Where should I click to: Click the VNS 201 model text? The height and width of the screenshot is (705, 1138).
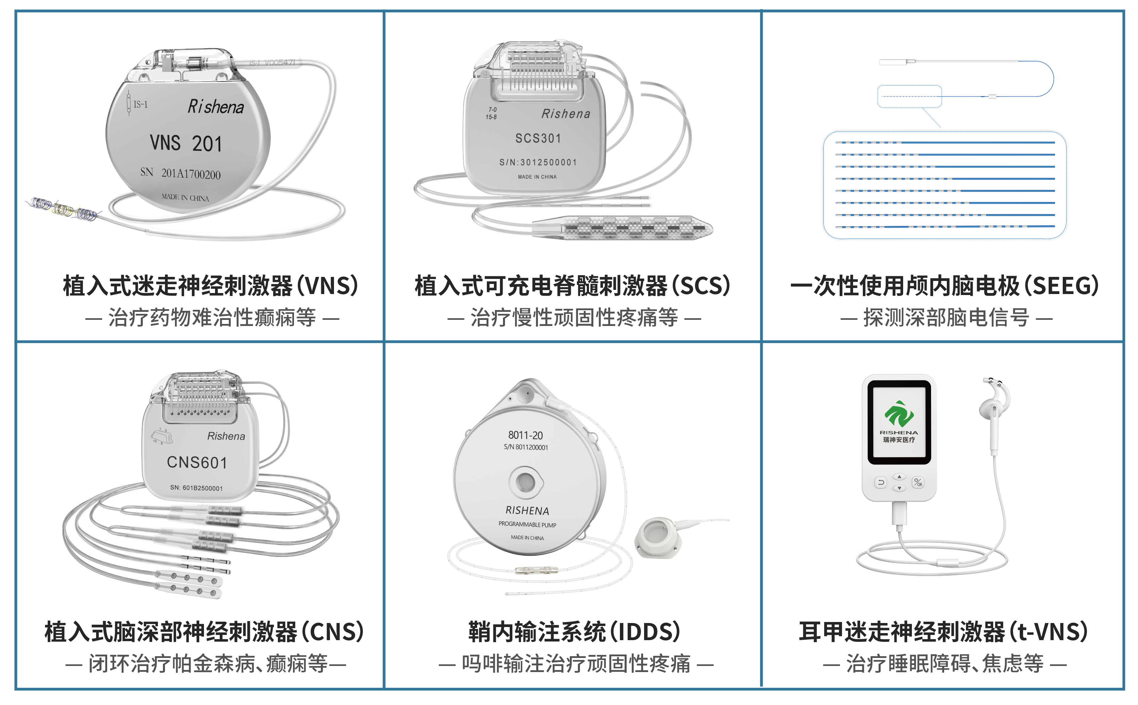click(x=186, y=143)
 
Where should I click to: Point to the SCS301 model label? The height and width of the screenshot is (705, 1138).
click(x=538, y=138)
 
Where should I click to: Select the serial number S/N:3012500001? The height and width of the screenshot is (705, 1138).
click(x=538, y=162)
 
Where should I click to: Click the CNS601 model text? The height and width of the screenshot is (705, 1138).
click(x=197, y=462)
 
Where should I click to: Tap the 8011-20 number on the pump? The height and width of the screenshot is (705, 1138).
click(x=525, y=435)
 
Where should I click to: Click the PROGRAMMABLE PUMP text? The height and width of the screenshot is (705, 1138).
click(x=527, y=524)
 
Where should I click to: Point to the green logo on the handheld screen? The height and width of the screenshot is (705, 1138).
click(x=899, y=414)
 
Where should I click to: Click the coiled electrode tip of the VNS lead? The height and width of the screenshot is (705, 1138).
click(x=63, y=208)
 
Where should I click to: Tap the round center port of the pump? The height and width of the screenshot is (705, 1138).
click(x=525, y=482)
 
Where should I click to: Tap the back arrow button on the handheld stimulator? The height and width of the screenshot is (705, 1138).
click(x=881, y=483)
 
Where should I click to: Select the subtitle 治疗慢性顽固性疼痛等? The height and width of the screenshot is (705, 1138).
click(x=574, y=318)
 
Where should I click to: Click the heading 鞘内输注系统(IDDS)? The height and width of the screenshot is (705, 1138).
click(x=574, y=631)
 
